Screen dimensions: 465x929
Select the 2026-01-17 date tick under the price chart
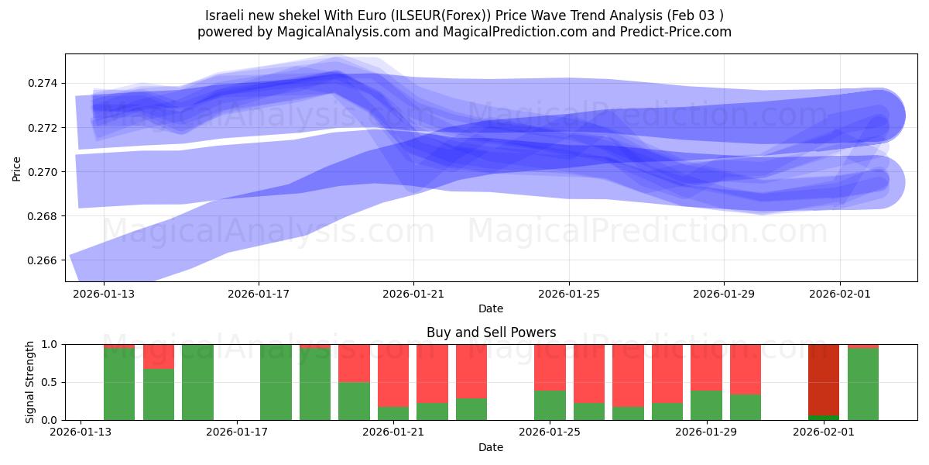coord(259,294)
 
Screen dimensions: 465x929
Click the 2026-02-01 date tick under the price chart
coord(840,294)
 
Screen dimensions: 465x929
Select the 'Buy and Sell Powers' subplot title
coord(491,332)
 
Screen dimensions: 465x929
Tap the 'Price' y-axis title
coord(17,168)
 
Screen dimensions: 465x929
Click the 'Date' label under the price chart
coord(491,308)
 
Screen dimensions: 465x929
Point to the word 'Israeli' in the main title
coord(225,15)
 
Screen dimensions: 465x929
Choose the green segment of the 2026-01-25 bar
coord(550,405)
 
